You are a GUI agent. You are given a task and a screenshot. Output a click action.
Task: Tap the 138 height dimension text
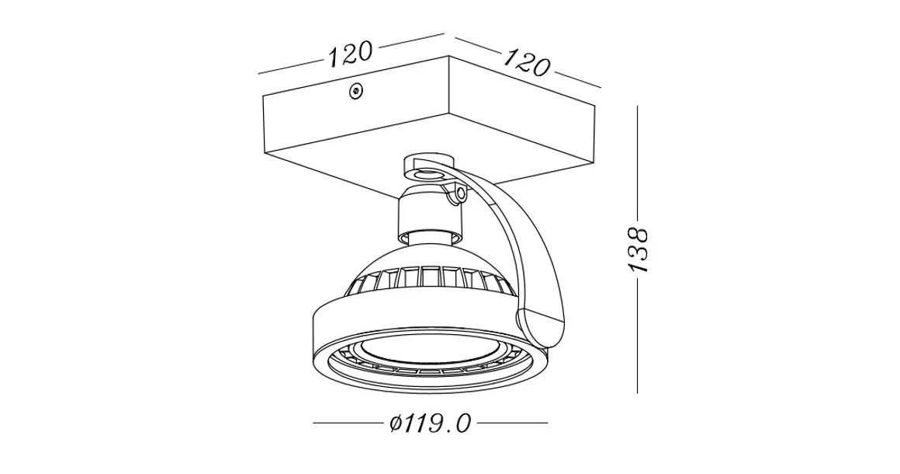(638, 249)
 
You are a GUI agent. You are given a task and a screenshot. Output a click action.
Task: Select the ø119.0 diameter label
(431, 423)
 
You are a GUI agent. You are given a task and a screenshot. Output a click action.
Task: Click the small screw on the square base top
(356, 91)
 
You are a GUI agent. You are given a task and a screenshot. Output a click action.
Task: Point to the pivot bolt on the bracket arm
(462, 193)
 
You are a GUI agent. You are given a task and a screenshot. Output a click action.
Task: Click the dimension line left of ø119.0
(349, 423)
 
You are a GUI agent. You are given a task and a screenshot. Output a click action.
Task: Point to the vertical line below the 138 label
(637, 334)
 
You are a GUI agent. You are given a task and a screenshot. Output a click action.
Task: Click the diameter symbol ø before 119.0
(396, 424)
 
